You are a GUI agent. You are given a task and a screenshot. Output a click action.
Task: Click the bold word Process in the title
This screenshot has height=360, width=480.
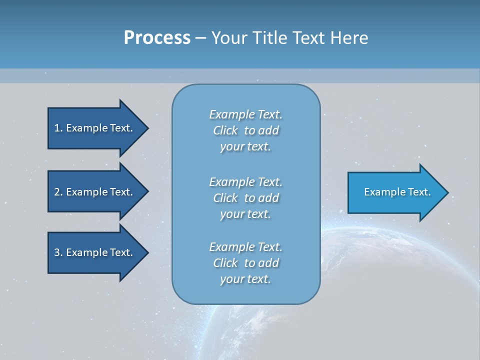pos(157,38)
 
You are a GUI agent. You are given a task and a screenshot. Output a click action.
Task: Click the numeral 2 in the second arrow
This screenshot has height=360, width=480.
pos(57,192)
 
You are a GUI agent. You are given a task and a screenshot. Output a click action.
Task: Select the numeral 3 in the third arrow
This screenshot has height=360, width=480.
pos(57,252)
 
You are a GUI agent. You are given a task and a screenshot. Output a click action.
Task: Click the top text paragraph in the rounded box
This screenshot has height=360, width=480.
pos(245,130)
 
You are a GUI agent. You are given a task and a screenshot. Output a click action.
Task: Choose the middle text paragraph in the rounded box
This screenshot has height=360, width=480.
pos(245,198)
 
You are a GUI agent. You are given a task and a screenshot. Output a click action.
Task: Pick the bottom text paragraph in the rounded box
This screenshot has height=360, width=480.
pos(245,263)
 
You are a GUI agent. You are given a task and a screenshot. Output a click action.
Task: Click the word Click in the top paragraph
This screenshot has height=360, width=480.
pos(225,130)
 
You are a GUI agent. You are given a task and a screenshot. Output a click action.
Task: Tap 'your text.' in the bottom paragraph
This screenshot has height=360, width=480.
pos(245,279)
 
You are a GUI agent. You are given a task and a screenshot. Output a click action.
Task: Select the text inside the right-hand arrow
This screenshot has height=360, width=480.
pos(397,192)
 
